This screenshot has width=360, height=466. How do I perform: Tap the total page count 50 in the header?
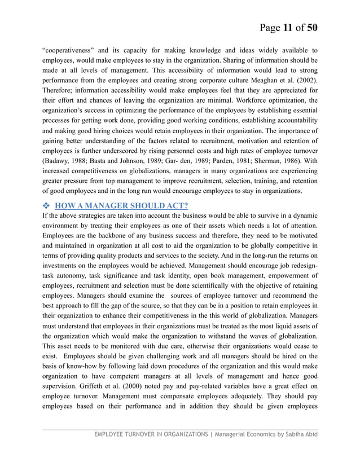[311, 27]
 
